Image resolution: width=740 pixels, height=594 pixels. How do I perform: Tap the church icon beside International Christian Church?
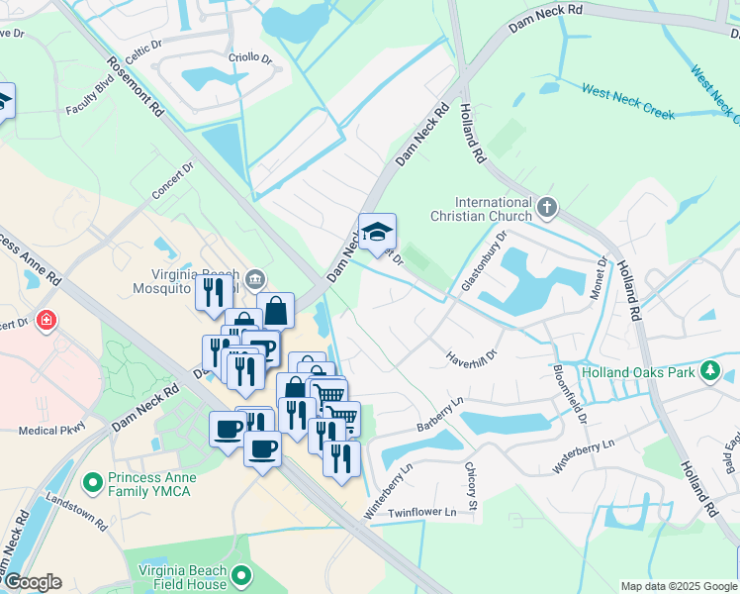click(548, 209)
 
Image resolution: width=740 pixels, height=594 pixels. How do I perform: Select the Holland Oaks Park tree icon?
click(709, 372)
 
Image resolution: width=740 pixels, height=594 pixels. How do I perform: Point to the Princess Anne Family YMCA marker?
click(93, 483)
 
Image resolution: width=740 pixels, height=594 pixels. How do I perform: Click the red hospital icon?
click(45, 321)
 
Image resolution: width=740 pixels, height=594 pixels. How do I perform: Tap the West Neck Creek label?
click(628, 103)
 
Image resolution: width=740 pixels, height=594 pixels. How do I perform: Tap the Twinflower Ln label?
click(421, 512)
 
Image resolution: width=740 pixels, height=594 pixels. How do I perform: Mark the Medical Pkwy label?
click(51, 430)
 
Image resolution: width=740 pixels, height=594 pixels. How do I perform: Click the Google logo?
click(33, 581)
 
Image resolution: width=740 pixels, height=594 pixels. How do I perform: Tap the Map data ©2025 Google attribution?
click(678, 586)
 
